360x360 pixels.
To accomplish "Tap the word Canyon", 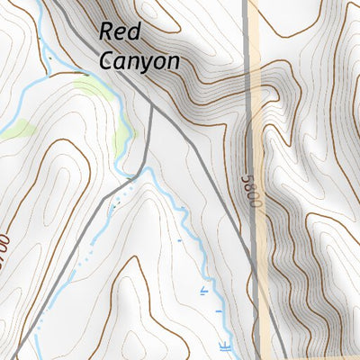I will coord(139,61).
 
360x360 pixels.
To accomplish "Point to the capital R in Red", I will coord(105,32).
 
